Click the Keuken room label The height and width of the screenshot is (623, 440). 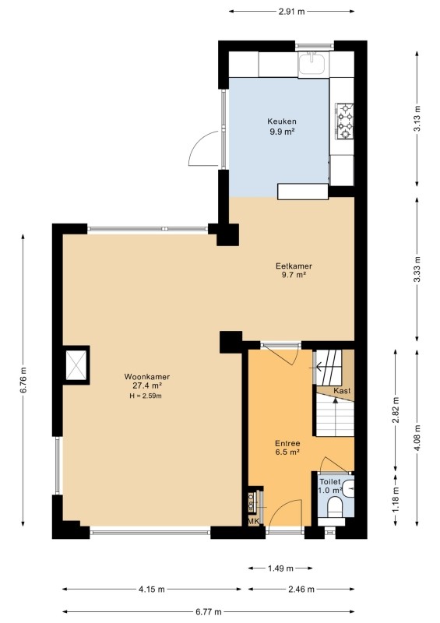[282, 121]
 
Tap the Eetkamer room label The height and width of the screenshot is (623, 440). [294, 266]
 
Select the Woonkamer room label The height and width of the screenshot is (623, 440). [147, 377]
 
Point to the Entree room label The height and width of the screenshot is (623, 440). [287, 443]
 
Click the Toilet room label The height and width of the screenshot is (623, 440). [330, 482]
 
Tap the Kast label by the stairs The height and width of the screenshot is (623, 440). [342, 391]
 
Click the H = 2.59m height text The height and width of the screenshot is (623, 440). [146, 396]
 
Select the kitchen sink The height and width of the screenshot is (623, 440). [312, 64]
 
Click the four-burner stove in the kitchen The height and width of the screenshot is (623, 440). [345, 121]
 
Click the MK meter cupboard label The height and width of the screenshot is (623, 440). [253, 521]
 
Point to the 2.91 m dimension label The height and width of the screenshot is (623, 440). [292, 12]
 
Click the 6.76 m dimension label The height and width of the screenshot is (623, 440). [24, 379]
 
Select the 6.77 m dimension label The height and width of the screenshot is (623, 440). [208, 612]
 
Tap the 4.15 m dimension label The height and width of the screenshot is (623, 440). [151, 590]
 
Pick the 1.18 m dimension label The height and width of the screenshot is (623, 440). [396, 499]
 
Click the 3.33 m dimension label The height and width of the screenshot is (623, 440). [417, 269]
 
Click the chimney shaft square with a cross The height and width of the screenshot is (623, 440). [76, 364]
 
